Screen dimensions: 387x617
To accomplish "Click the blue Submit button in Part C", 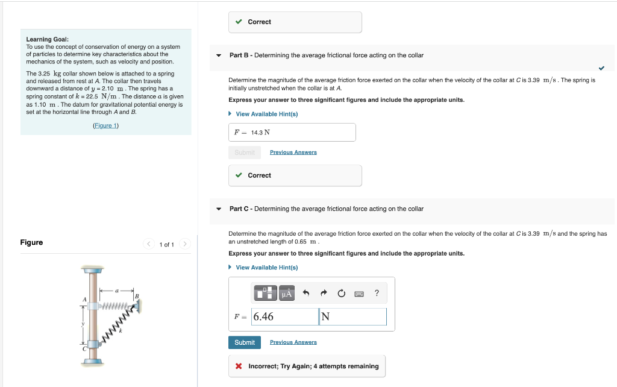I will pyautogui.click(x=245, y=342).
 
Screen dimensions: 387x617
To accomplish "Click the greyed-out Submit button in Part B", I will pyautogui.click(x=245, y=153).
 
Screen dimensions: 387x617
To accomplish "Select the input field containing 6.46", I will pyautogui.click(x=284, y=316).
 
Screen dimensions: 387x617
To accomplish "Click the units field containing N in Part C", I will pyautogui.click(x=352, y=316).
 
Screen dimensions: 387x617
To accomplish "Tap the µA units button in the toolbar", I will pyautogui.click(x=287, y=294).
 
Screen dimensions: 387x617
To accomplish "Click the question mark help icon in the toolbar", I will pyautogui.click(x=377, y=294).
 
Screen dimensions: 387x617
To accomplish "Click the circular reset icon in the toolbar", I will pyautogui.click(x=341, y=294).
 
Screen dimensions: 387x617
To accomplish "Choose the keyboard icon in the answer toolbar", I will pyautogui.click(x=359, y=294).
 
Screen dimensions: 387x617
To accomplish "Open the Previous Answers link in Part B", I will pyautogui.click(x=293, y=153).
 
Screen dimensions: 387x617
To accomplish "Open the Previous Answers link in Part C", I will pyautogui.click(x=293, y=342).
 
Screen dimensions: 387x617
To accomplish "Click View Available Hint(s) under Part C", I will pyautogui.click(x=266, y=268).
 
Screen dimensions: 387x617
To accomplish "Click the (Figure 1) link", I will pyautogui.click(x=106, y=125).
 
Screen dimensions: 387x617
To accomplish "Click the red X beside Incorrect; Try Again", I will pyautogui.click(x=239, y=367).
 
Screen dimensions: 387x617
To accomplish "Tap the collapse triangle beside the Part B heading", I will pyautogui.click(x=219, y=55).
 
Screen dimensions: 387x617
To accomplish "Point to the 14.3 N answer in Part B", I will pyautogui.click(x=260, y=133).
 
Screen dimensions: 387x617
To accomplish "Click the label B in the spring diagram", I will pyautogui.click(x=137, y=296).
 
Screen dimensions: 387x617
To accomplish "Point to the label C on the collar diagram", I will pyautogui.click(x=84, y=349).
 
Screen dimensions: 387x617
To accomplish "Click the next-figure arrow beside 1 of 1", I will pyautogui.click(x=185, y=244).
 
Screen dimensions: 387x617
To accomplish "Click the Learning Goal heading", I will pyautogui.click(x=47, y=39).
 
